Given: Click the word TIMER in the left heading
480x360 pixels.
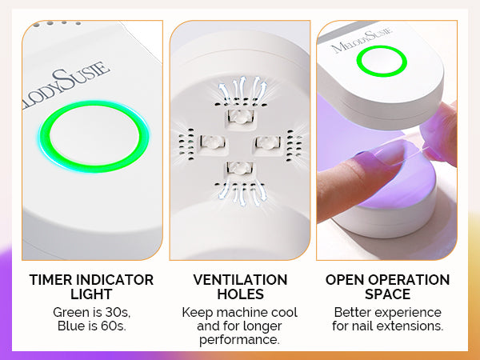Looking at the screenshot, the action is pos(50,280).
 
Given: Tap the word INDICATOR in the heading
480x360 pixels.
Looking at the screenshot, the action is pos(114,280).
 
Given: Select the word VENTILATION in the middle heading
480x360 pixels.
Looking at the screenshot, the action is pos(240,280).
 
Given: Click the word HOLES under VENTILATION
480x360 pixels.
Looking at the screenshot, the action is pos(240,294).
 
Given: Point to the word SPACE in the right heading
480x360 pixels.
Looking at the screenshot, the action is pos(387,294).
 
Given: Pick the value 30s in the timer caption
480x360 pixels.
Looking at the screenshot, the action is pos(118,313).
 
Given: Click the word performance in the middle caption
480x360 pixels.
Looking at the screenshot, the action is pos(240,340).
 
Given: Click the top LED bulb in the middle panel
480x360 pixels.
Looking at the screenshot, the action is pos(241,117).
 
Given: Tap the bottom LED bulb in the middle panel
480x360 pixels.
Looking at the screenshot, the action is pos(240,168).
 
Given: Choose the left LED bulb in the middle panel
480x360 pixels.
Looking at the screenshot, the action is pos(213,142).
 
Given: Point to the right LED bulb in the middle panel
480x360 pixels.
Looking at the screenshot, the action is pos(267,142).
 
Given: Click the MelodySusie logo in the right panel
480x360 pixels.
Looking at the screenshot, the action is pos(362,41).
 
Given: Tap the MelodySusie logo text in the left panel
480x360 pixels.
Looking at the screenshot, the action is pos(66,86).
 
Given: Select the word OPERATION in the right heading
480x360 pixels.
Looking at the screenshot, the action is pos(409,280).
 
